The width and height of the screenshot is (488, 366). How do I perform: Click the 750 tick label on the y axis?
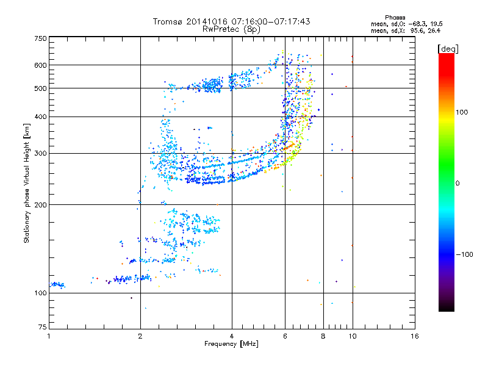[40, 38]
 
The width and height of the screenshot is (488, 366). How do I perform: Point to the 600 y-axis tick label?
[40, 65]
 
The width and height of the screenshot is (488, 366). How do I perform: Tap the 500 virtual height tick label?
[40, 88]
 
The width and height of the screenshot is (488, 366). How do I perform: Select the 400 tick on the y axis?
[40, 117]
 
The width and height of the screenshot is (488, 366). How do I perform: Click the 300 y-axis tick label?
[40, 153]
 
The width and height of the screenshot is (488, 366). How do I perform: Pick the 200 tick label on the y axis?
[40, 204]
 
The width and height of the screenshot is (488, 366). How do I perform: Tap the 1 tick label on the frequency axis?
[49, 335]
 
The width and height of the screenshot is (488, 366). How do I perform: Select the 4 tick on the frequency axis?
[232, 335]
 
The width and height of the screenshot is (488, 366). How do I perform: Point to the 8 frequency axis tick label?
[323, 335]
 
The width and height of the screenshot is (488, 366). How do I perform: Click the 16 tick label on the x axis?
[414, 335]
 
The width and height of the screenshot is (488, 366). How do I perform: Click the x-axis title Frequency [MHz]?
[231, 344]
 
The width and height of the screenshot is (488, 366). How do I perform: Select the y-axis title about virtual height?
[27, 183]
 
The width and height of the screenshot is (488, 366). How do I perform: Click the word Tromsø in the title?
[169, 21]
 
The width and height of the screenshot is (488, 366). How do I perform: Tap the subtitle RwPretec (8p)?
[231, 29]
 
